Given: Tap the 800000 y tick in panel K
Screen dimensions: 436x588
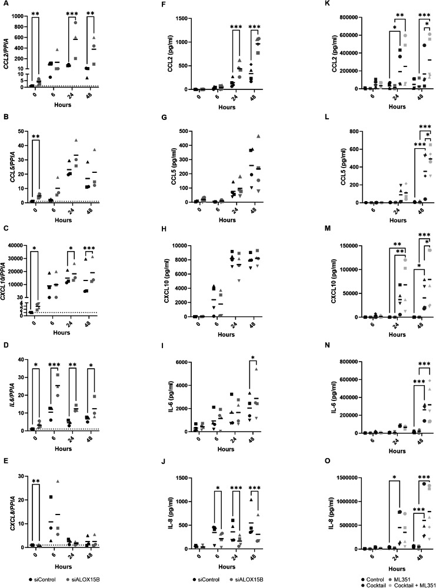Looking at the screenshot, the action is (x=320, y=16).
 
